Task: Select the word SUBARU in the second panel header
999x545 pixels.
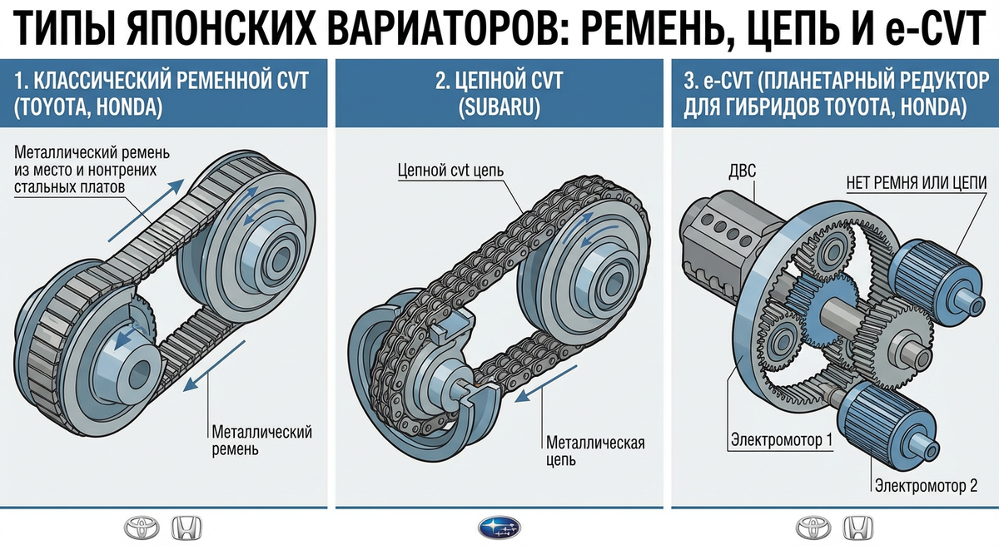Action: pyautogui.click(x=499, y=107)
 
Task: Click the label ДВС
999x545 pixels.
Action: pyautogui.click(x=742, y=171)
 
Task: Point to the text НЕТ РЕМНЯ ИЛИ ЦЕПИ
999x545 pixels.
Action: pyautogui.click(x=917, y=183)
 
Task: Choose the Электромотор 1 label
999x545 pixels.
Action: pyautogui.click(x=782, y=440)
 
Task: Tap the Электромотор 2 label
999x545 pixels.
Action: pyautogui.click(x=926, y=485)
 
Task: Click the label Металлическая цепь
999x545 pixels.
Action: pyautogui.click(x=595, y=451)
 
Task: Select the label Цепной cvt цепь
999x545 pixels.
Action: pyautogui.click(x=450, y=171)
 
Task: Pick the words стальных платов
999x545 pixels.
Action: pyautogui.click(x=70, y=187)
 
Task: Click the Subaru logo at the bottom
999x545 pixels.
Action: pyautogui.click(x=499, y=528)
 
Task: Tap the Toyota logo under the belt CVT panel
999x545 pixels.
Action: pyautogui.click(x=142, y=528)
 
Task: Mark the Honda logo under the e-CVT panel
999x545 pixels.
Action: pyautogui.click(x=857, y=528)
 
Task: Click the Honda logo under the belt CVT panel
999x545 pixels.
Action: pyautogui.click(x=186, y=528)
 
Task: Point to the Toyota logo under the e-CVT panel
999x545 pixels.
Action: pyautogui.click(x=813, y=528)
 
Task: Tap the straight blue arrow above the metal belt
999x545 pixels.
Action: pyautogui.click(x=146, y=211)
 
